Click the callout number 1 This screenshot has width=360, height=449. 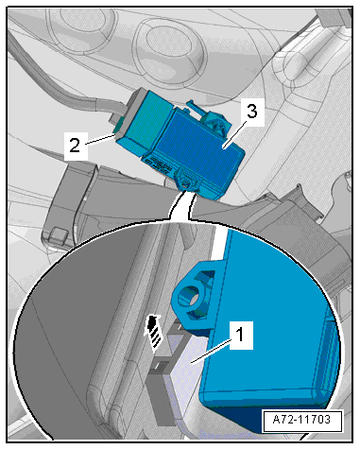click(x=240, y=335)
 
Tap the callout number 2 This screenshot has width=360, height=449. click(x=75, y=146)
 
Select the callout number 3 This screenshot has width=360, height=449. click(x=251, y=112)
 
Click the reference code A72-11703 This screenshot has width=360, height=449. click(x=301, y=420)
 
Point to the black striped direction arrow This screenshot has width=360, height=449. click(x=153, y=333)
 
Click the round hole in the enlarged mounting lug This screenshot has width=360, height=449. click(x=188, y=295)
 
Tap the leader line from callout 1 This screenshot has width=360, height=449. click(x=211, y=352)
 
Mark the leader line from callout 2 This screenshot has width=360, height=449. click(x=100, y=139)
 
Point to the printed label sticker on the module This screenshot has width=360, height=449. click(x=158, y=164)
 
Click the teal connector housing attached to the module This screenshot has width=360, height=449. click(x=145, y=123)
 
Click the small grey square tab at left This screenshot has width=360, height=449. click(x=59, y=233)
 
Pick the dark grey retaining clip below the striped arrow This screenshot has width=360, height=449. click(x=160, y=371)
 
